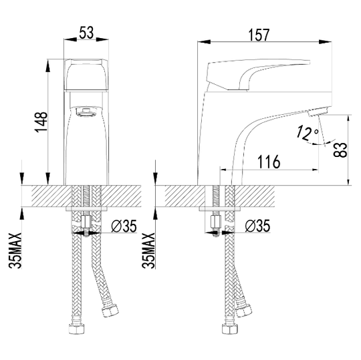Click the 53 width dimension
tap(86, 33)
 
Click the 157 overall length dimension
tap(259, 35)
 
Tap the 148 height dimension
tap(41, 122)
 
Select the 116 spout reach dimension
tap(269, 162)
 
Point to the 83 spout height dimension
tap(340, 150)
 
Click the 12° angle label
tap(308, 133)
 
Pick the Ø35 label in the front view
tap(124, 226)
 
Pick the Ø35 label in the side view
tap(257, 226)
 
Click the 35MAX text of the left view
tap(15, 250)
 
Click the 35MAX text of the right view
tap(148, 250)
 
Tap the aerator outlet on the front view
tap(86, 112)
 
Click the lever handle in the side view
tap(258, 74)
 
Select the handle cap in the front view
tap(86, 75)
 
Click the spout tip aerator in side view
tap(318, 112)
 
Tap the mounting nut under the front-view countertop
tap(86, 222)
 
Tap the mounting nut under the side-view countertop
tap(216, 222)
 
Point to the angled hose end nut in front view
tap(110, 311)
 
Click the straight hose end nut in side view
tap(229, 329)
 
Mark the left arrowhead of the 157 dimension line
tap(204, 41)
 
